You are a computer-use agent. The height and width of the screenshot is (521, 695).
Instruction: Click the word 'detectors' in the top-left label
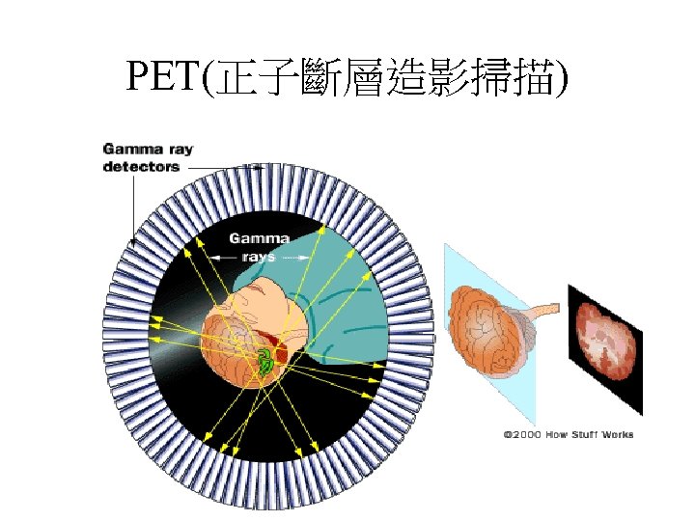[141, 167]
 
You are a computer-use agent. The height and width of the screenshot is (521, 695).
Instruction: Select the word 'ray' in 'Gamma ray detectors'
[178, 150]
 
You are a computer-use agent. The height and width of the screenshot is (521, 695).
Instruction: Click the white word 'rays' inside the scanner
[259, 258]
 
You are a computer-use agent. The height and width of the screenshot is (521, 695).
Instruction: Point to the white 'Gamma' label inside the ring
[259, 238]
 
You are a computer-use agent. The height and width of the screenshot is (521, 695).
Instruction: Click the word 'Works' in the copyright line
[618, 435]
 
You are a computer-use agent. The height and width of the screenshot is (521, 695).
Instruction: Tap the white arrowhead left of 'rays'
[215, 258]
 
